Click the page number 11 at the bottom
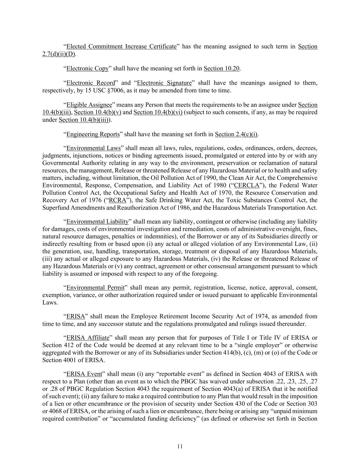point(180,446)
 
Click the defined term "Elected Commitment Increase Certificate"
point(121,46)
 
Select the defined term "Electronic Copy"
point(87,68)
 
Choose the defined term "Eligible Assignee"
point(89,105)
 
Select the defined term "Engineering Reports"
point(93,134)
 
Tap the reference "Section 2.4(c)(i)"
point(236,134)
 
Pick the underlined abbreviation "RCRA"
point(117,200)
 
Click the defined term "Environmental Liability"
point(97,222)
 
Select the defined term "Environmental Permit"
point(95,287)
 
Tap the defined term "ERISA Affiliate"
point(88,338)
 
